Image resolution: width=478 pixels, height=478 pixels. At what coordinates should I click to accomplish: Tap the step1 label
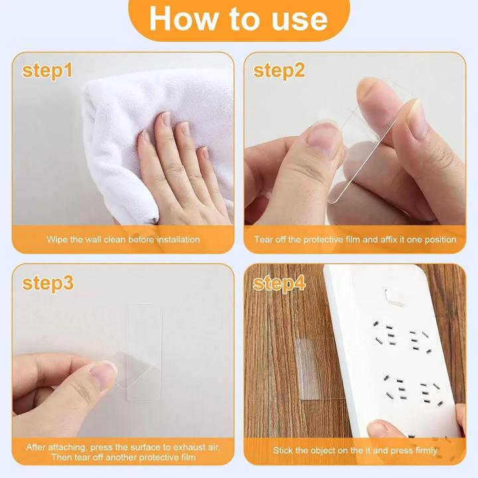[x=47, y=70]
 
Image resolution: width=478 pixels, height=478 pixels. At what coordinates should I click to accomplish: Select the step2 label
[x=279, y=70]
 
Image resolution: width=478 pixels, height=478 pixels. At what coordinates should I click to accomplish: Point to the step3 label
[x=47, y=283]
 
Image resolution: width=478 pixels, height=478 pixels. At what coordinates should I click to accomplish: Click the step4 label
[x=279, y=283]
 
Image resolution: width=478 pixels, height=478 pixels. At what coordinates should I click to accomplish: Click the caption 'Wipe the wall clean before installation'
[x=123, y=239]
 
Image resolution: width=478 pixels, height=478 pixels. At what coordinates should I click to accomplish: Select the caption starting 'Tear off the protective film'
[x=355, y=239]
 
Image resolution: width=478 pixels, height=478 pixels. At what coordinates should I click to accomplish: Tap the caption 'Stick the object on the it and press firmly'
[x=355, y=450]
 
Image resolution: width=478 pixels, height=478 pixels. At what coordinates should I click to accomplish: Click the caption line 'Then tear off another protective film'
[x=123, y=457]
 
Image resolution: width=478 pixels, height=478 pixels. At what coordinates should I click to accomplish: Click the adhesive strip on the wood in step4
[x=307, y=368]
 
